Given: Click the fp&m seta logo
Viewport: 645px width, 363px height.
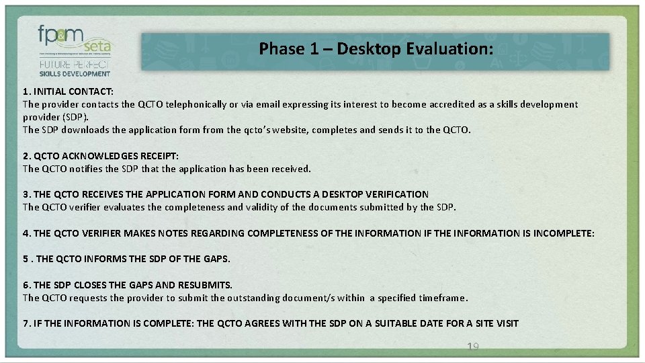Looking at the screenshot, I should [75, 41].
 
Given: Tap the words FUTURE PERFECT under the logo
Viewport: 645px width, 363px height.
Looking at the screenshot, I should [74, 65].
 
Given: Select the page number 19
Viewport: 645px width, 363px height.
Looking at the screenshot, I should [472, 346].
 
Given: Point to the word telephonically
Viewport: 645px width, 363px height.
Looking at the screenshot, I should [188, 104].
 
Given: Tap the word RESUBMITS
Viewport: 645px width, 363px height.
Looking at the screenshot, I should [204, 285].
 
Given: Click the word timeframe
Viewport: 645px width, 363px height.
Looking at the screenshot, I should [441, 298].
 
